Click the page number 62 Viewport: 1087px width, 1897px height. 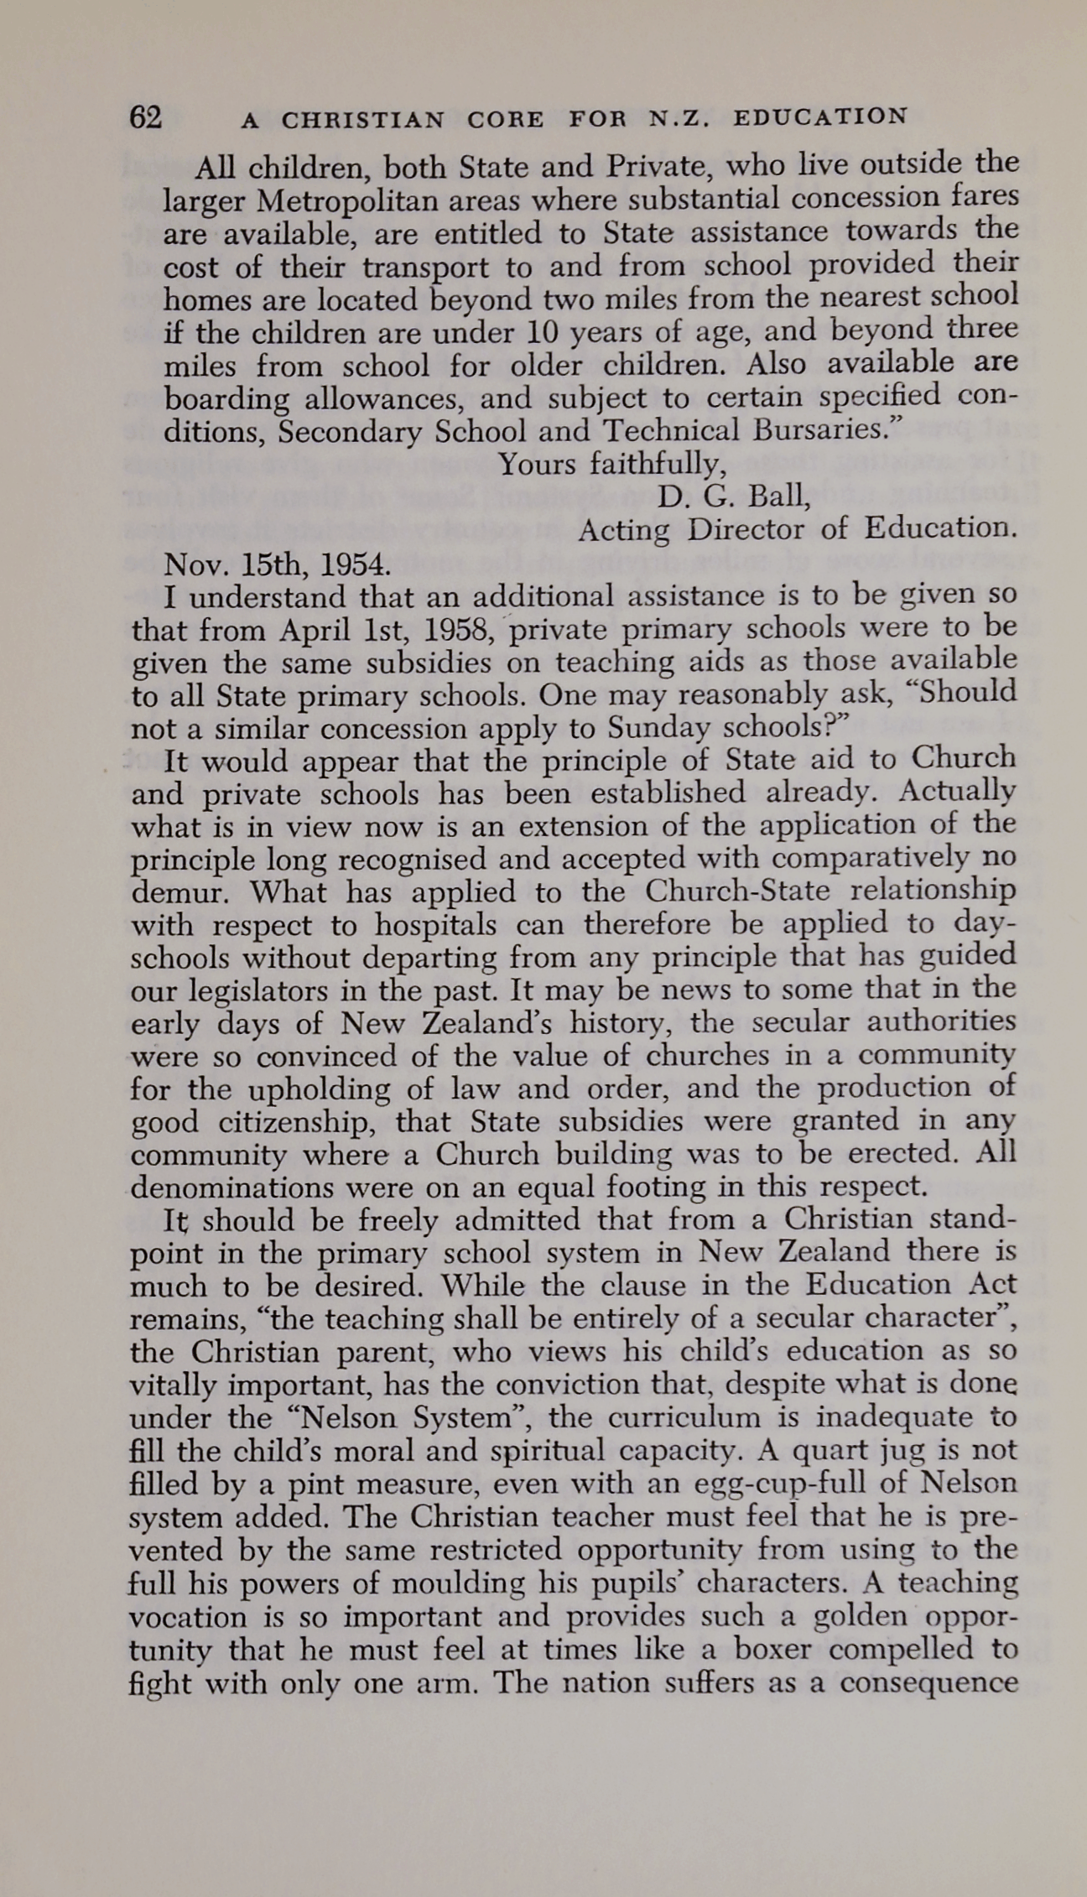click(x=145, y=118)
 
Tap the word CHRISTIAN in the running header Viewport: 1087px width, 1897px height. click(x=363, y=120)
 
